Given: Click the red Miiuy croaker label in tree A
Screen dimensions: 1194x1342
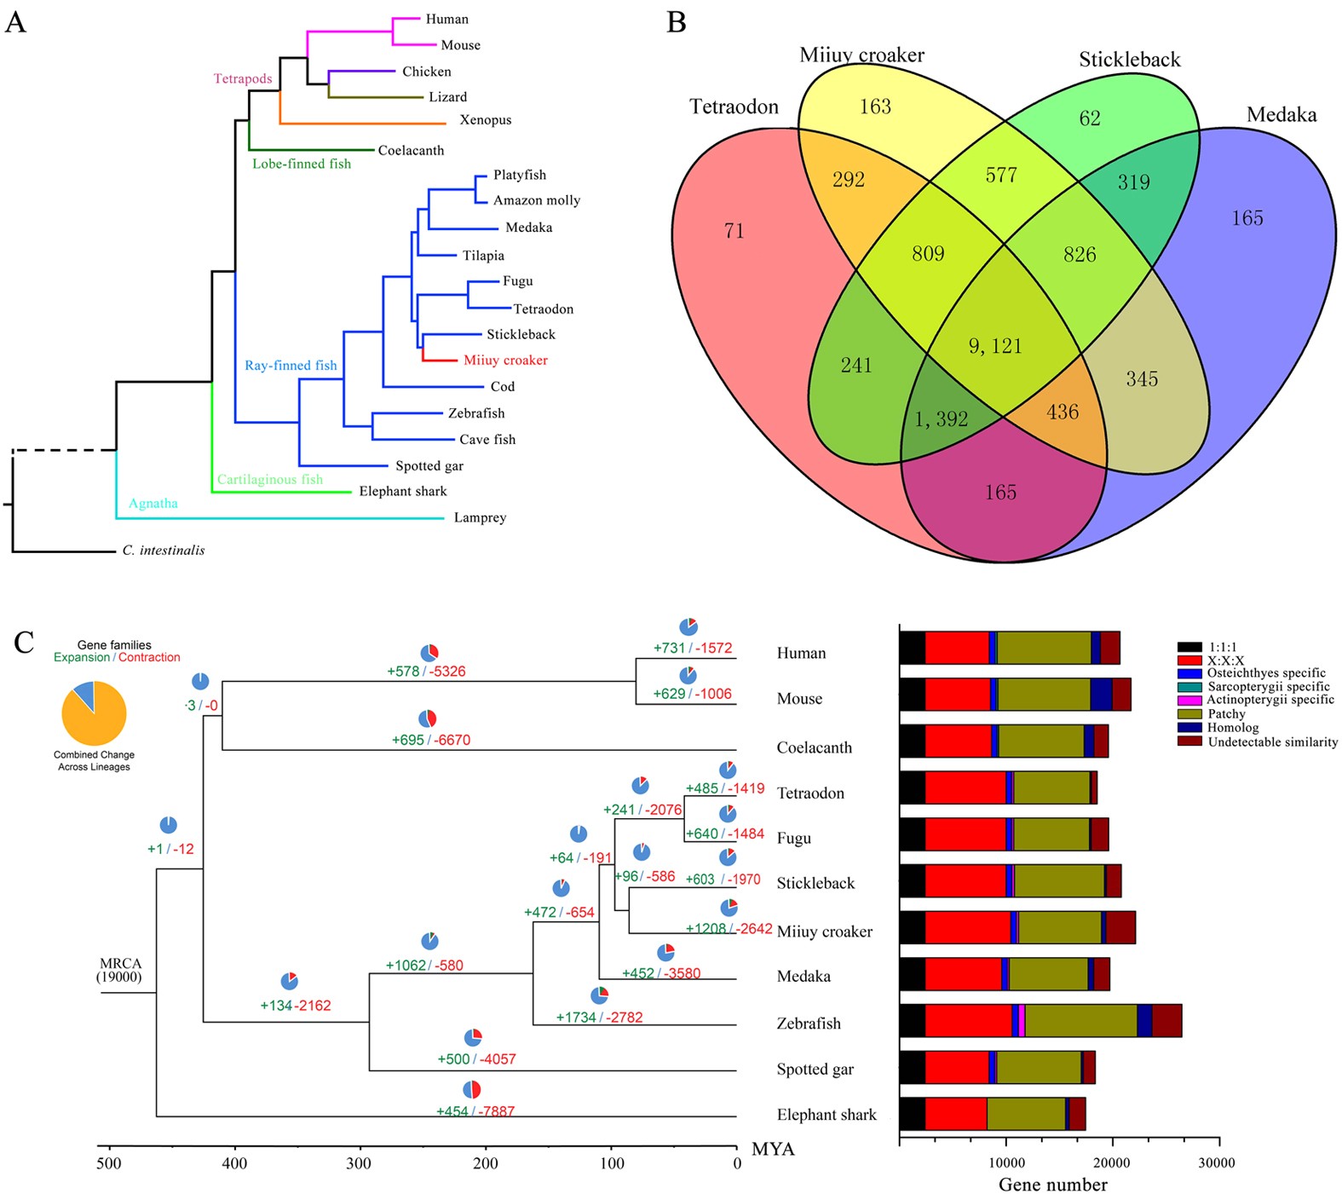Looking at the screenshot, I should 505,361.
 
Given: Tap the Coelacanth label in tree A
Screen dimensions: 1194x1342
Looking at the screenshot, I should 411,151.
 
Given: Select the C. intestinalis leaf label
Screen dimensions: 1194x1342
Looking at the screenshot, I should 164,551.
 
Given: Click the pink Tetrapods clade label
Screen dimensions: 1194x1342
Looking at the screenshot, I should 243,79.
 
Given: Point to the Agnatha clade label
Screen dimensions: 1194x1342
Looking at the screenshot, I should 153,504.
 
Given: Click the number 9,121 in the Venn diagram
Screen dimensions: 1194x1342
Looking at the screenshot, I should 994,346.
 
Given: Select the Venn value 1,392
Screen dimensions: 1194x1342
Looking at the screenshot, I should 941,419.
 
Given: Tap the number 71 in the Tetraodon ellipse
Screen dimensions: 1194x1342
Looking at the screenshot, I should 734,231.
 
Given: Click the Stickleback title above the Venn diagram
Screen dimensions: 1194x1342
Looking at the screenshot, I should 1129,60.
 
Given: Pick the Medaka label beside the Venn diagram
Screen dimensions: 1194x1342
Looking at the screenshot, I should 1281,115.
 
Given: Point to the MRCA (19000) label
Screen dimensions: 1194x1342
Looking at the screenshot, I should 120,970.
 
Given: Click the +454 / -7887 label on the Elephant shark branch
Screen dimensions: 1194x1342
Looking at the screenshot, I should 475,1111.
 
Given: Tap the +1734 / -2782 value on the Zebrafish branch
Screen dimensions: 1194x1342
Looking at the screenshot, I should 599,1018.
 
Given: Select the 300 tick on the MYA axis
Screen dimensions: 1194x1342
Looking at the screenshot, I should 359,1164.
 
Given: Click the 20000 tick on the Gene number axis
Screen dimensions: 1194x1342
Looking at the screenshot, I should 1111,1163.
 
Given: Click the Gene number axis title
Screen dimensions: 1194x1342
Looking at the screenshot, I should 1052,1185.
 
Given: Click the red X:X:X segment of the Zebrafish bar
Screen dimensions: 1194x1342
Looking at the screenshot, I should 968,1021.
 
